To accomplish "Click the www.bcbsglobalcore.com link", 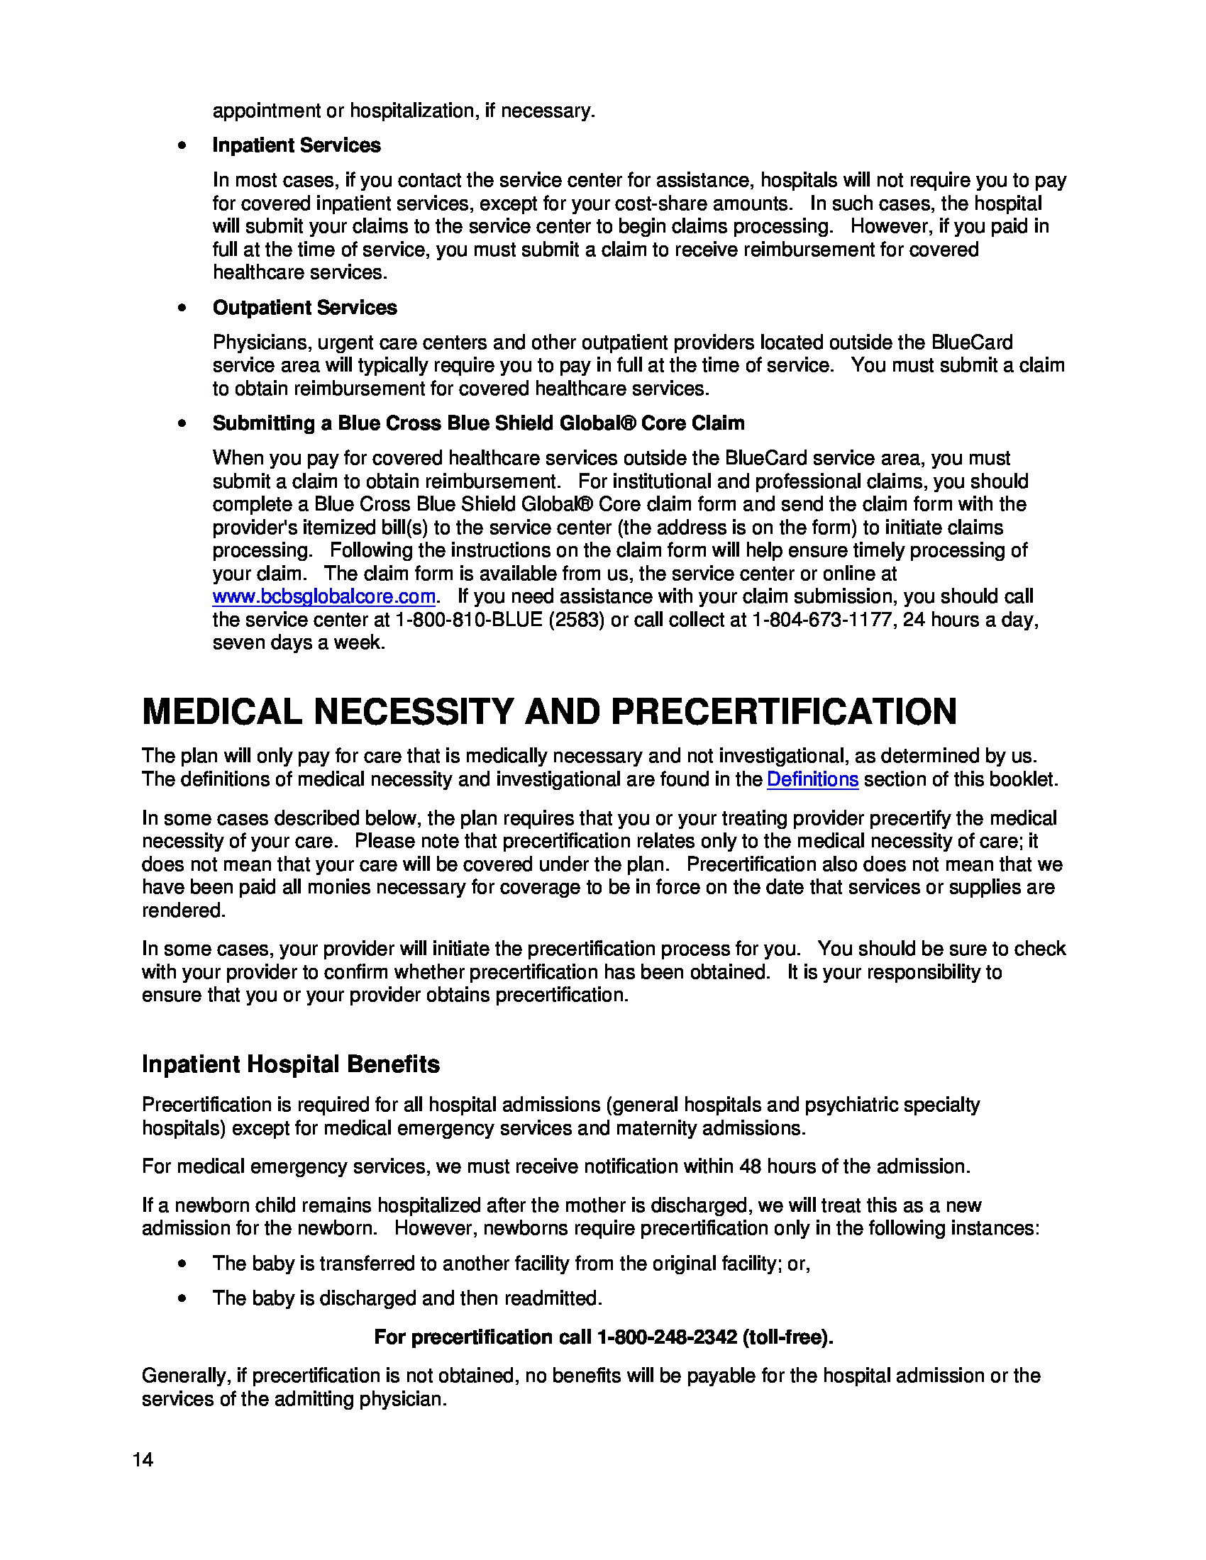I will (x=323, y=596).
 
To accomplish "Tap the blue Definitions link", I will (x=812, y=779).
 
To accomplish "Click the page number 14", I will (x=143, y=1460).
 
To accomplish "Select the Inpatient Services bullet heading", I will (x=296, y=145).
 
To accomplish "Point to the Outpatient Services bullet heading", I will (x=304, y=308).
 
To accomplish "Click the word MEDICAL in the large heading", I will (x=221, y=712).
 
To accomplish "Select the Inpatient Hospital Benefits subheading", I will (x=290, y=1064).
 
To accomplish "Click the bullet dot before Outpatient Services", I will (x=183, y=308).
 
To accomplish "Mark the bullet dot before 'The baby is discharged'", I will (x=183, y=1298).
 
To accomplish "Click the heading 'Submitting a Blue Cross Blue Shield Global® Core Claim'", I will (x=478, y=423).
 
